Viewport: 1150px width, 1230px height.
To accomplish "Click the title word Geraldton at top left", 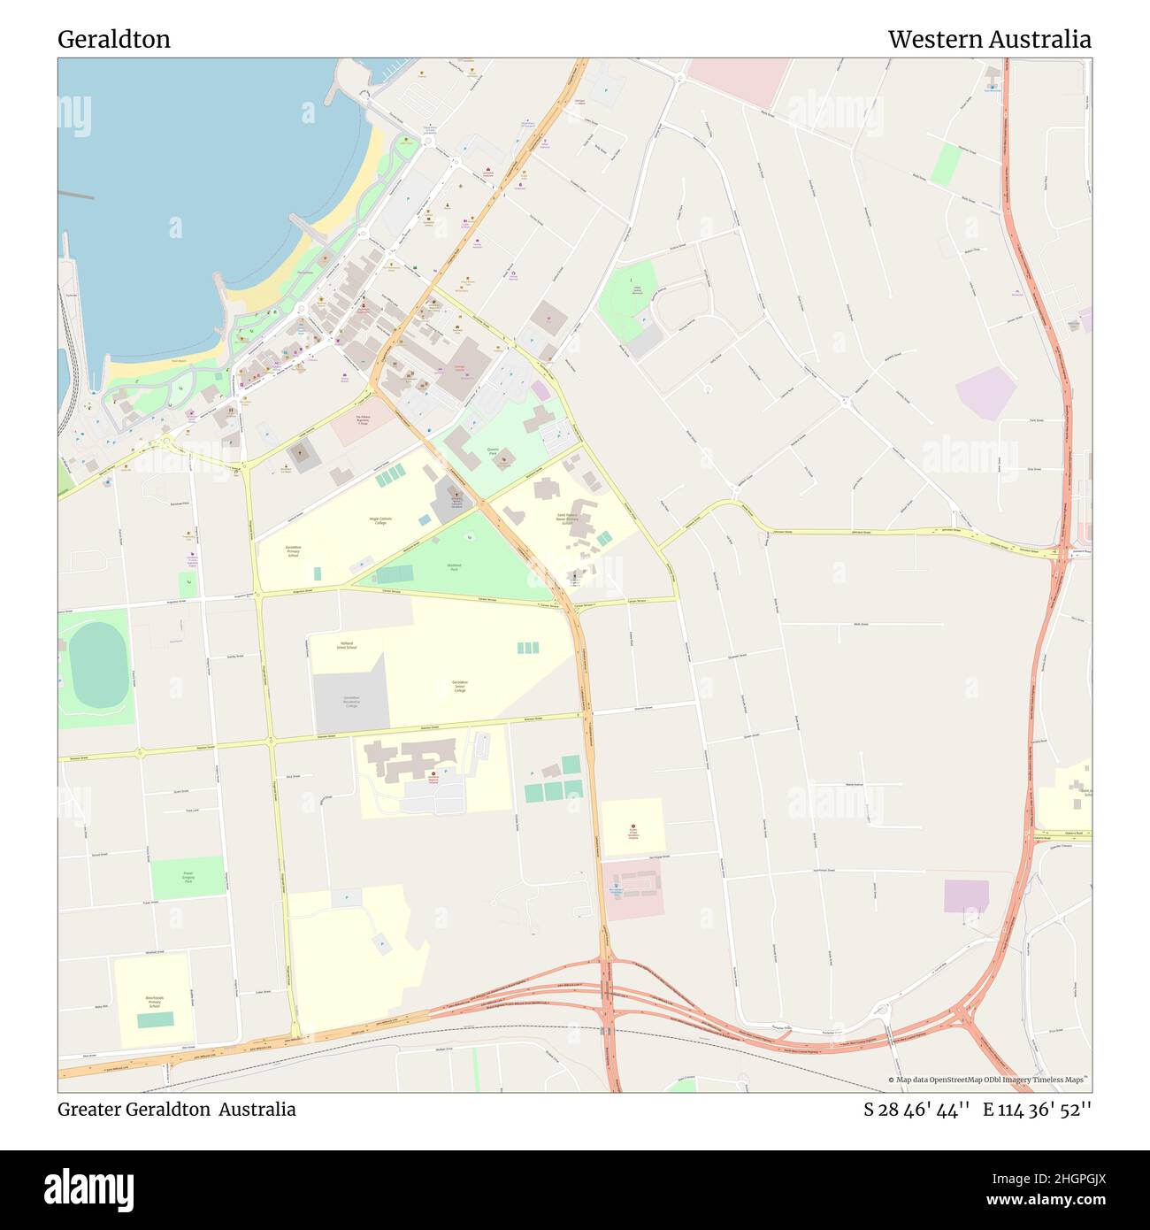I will tap(114, 39).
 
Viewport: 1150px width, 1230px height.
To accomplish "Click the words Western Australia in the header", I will tap(989, 39).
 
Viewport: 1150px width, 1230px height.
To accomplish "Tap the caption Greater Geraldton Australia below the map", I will tap(177, 1110).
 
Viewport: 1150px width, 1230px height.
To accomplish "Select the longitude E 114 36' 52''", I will tap(1038, 1110).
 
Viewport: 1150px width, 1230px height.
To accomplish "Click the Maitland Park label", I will tap(453, 566).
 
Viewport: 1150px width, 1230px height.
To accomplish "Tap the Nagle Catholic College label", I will tap(379, 520).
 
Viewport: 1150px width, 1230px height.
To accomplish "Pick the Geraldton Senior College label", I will tap(459, 686).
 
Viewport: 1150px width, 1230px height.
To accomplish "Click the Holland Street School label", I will tap(346, 645).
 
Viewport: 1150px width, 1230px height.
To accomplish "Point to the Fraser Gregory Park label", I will tap(188, 878).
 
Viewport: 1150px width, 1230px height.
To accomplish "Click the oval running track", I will tap(96, 664).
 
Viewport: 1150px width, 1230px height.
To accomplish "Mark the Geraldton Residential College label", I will tap(352, 702).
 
